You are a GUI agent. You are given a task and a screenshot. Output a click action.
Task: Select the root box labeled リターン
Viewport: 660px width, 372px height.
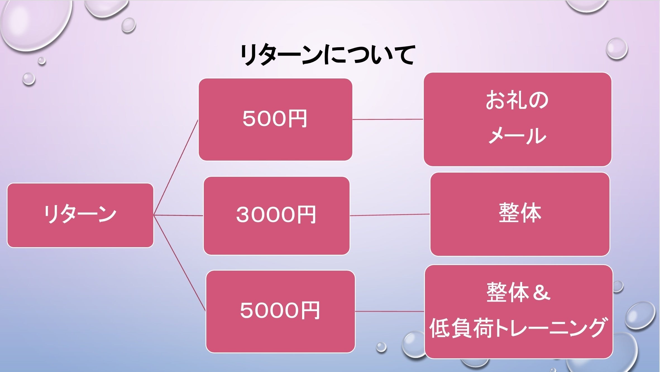[x=80, y=215]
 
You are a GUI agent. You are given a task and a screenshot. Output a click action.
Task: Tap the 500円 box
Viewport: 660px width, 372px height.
[x=275, y=120]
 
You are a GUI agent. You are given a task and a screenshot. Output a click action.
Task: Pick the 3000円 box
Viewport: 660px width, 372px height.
[x=276, y=216]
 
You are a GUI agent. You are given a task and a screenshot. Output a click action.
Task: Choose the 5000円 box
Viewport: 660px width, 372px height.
[x=280, y=311]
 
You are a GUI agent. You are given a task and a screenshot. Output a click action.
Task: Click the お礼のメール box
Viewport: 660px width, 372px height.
[x=517, y=119]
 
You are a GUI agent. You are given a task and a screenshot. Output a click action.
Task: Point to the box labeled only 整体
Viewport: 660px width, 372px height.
[x=520, y=214]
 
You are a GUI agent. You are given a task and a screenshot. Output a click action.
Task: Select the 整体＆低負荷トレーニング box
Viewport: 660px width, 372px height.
[x=518, y=311]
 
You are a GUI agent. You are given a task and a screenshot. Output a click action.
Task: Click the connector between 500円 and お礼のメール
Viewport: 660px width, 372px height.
[x=388, y=119]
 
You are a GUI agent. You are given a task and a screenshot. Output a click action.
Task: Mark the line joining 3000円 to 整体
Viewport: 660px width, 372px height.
[x=390, y=215]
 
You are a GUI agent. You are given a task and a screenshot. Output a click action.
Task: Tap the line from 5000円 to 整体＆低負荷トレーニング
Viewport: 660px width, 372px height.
[x=390, y=311]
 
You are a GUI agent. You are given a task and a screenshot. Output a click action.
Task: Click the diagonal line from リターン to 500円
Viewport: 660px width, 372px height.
[x=176, y=168]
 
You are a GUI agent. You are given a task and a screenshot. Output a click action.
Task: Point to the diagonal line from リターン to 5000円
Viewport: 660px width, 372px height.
[x=180, y=263]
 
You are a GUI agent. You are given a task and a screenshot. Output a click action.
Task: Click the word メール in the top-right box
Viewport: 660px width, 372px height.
[x=517, y=136]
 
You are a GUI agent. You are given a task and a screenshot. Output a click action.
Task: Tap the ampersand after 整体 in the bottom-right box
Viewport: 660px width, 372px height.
[x=541, y=293]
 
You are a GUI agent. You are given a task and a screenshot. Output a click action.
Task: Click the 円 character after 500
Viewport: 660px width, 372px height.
[x=297, y=119]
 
